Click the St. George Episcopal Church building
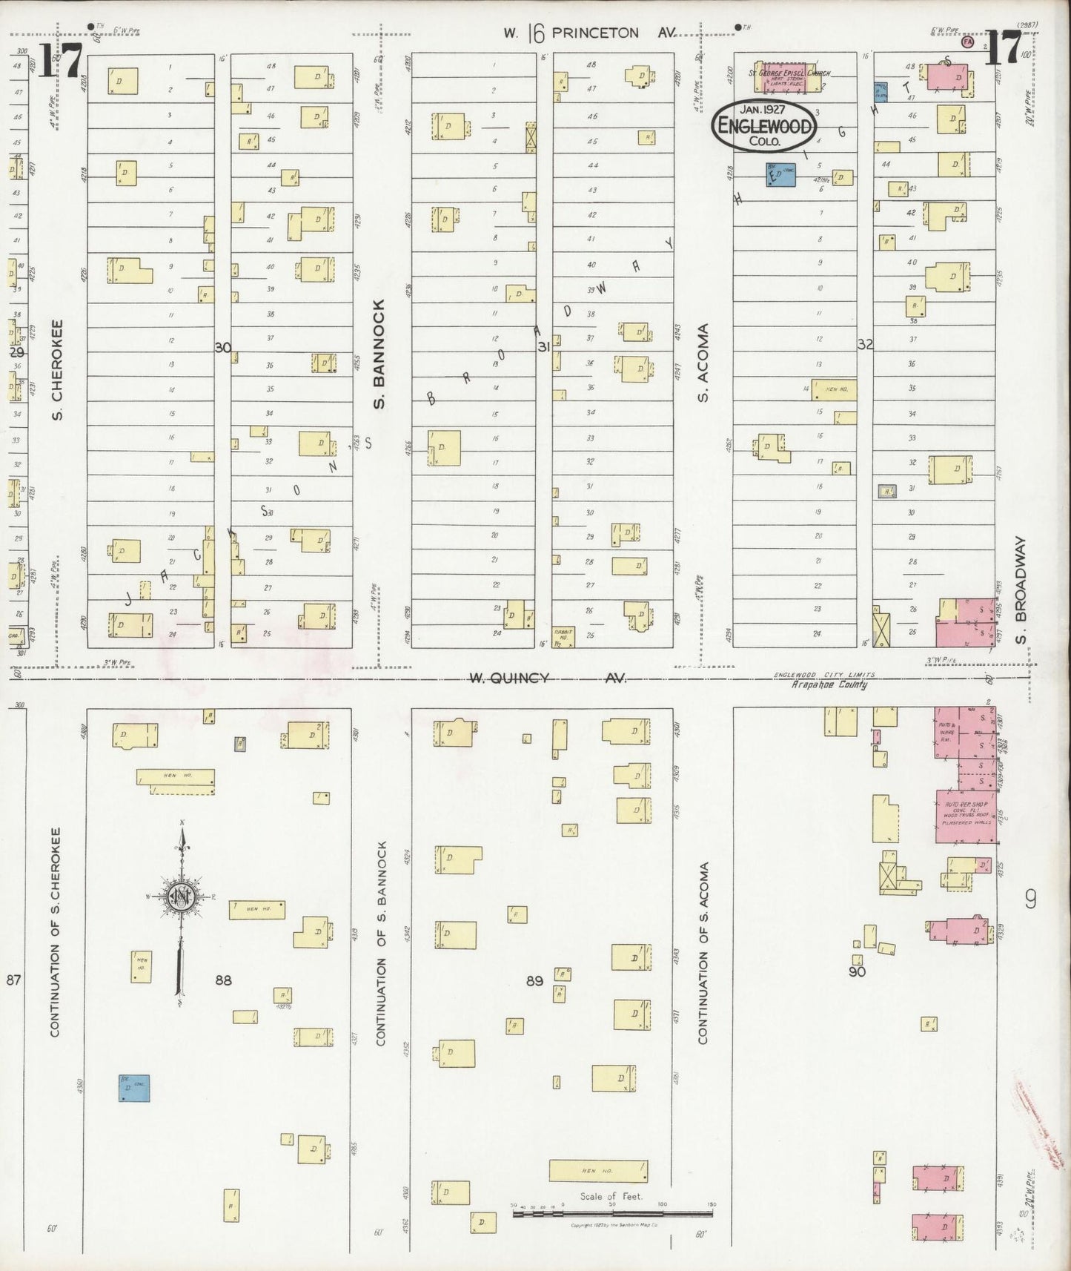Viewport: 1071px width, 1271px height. tap(789, 76)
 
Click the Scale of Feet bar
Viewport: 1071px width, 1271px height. tap(612, 1214)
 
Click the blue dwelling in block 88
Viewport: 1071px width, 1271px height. tap(134, 1087)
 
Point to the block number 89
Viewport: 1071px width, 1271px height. tap(534, 980)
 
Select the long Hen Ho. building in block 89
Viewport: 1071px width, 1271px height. tap(598, 1170)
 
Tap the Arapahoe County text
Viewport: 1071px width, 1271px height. tap(829, 684)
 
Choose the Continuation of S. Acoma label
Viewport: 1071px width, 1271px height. tap(703, 953)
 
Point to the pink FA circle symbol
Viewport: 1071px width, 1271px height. tap(966, 42)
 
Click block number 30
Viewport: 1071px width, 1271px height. tap(222, 346)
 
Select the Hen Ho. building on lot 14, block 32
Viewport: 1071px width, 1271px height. tap(834, 389)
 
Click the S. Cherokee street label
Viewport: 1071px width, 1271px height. tap(59, 369)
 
